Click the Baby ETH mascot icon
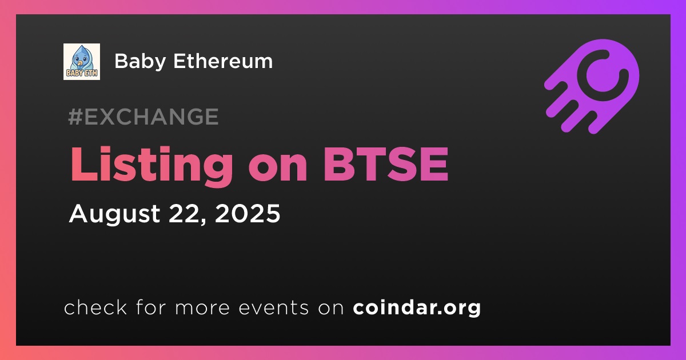click(82, 62)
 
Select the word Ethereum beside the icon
click(223, 61)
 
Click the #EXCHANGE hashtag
click(143, 117)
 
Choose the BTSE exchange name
click(386, 165)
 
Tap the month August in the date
click(114, 214)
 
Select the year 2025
click(248, 213)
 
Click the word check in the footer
click(95, 307)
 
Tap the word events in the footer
click(274, 308)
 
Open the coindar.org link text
click(417, 308)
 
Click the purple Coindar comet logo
click(592, 86)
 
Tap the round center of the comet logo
click(603, 75)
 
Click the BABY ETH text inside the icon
click(82, 73)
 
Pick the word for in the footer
click(151, 307)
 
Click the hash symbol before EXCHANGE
click(75, 117)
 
